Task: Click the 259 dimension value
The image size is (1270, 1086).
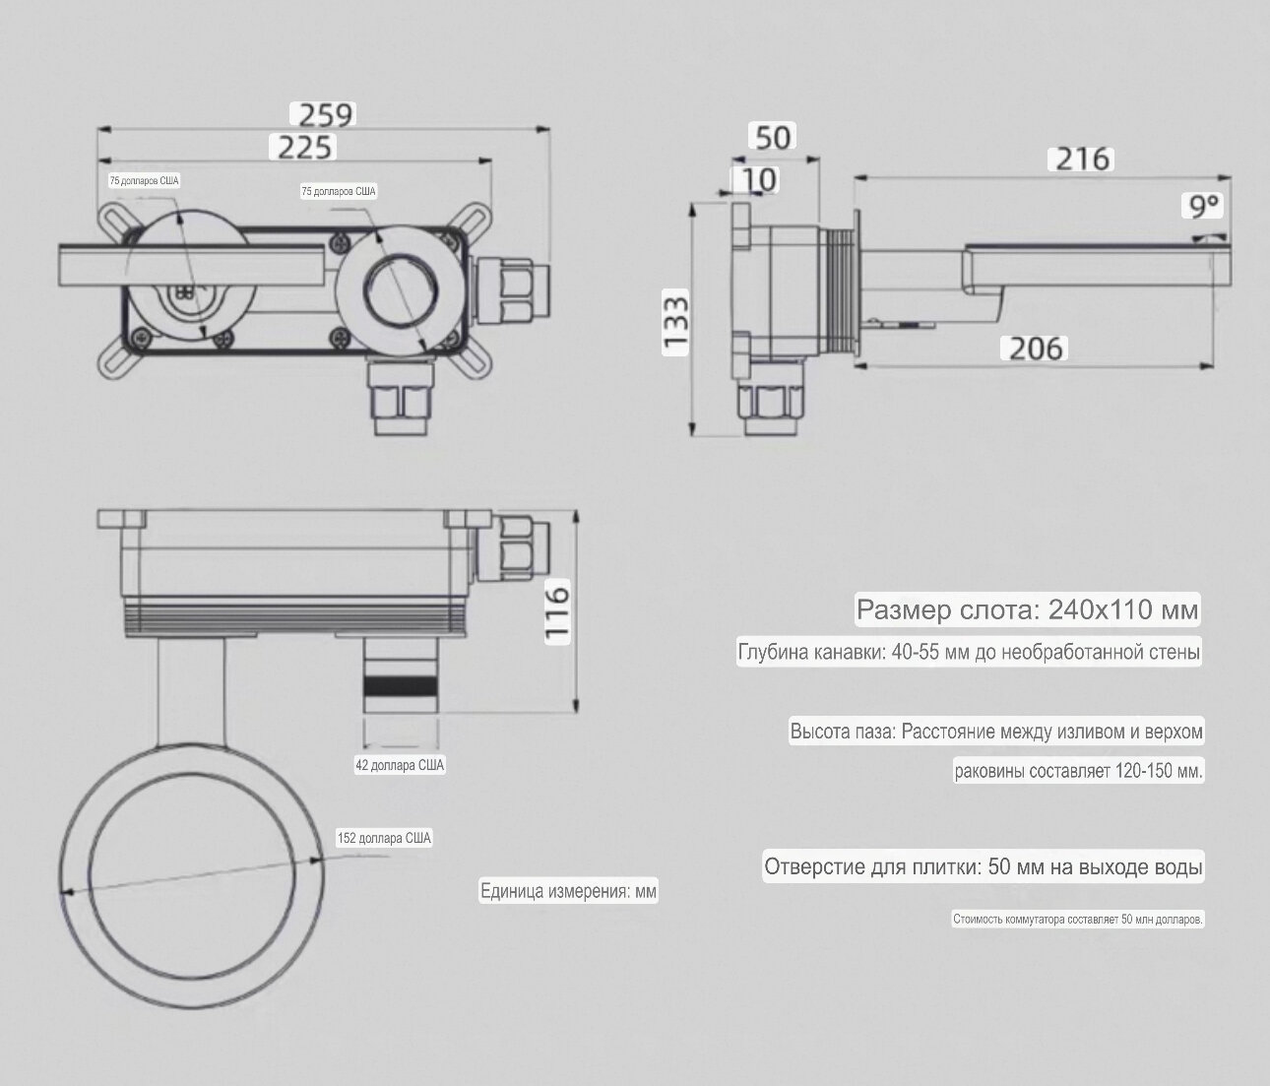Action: [325, 114]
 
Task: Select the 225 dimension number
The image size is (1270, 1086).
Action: [305, 148]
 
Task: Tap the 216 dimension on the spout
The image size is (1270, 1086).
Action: [1083, 159]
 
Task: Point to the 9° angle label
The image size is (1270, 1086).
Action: [1204, 207]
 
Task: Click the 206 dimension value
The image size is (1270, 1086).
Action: [1036, 348]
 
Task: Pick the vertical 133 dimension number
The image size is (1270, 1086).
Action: [675, 323]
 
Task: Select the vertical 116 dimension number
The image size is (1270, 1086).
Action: [557, 612]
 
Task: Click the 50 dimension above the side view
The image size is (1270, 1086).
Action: [774, 136]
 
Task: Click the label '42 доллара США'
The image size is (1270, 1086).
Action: [400, 765]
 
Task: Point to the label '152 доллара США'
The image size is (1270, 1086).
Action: [384, 839]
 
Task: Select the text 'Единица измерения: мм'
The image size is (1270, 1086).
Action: [568, 892]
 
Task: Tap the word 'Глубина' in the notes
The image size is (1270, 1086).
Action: [773, 652]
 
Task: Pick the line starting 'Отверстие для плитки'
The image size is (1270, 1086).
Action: [983, 867]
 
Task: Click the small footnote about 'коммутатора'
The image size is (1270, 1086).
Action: [1077, 920]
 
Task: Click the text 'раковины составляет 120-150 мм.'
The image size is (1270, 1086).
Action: [1078, 770]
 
